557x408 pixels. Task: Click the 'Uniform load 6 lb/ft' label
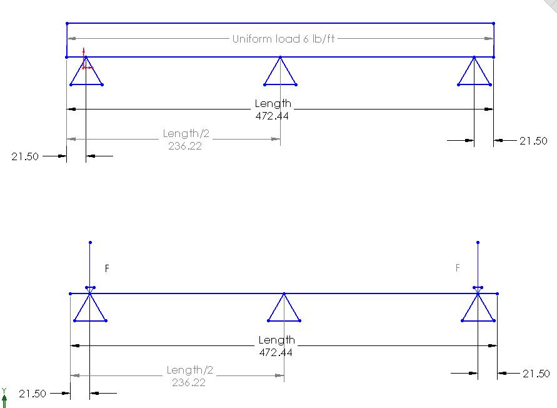pos(283,39)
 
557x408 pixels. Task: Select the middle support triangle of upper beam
pos(280,73)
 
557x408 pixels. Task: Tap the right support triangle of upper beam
pos(474,73)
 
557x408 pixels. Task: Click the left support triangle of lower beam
pos(90,309)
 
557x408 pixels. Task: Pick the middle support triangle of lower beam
pos(284,309)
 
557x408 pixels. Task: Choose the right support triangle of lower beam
pos(478,309)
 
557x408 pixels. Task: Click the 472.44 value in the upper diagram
pos(273,115)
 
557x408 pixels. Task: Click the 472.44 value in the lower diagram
pos(276,352)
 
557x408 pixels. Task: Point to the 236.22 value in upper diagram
pos(186,146)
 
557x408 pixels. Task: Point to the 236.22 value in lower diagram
pos(189,382)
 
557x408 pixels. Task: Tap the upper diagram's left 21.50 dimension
pos(25,156)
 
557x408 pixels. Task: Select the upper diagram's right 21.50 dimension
pos(533,141)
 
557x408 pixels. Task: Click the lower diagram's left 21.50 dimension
pos(32,394)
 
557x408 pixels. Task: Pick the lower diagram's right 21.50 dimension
pos(536,374)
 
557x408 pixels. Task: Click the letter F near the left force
pos(107,268)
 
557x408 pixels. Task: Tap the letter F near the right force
pos(458,268)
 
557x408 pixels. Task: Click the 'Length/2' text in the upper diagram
pos(186,133)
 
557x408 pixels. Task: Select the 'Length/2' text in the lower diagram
pos(189,370)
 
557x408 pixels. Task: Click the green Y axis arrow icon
pos(4,394)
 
